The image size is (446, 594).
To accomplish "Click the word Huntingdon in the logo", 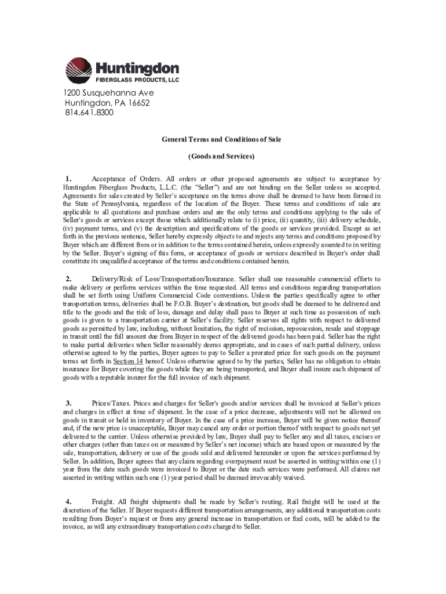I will [137, 68].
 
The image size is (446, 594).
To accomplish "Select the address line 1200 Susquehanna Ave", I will [109, 93].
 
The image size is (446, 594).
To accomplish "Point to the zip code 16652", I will [139, 103].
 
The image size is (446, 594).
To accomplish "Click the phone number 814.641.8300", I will [89, 113].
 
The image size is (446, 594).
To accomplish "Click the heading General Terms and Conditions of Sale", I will [222, 140].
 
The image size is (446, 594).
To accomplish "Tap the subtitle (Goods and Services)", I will [222, 156].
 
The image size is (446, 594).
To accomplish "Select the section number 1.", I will [68, 179].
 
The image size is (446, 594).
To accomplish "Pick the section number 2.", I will [68, 279].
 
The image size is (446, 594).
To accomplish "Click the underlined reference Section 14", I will [129, 360].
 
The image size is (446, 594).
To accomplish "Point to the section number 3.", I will [68, 403].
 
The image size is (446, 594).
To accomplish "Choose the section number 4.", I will [68, 501].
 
